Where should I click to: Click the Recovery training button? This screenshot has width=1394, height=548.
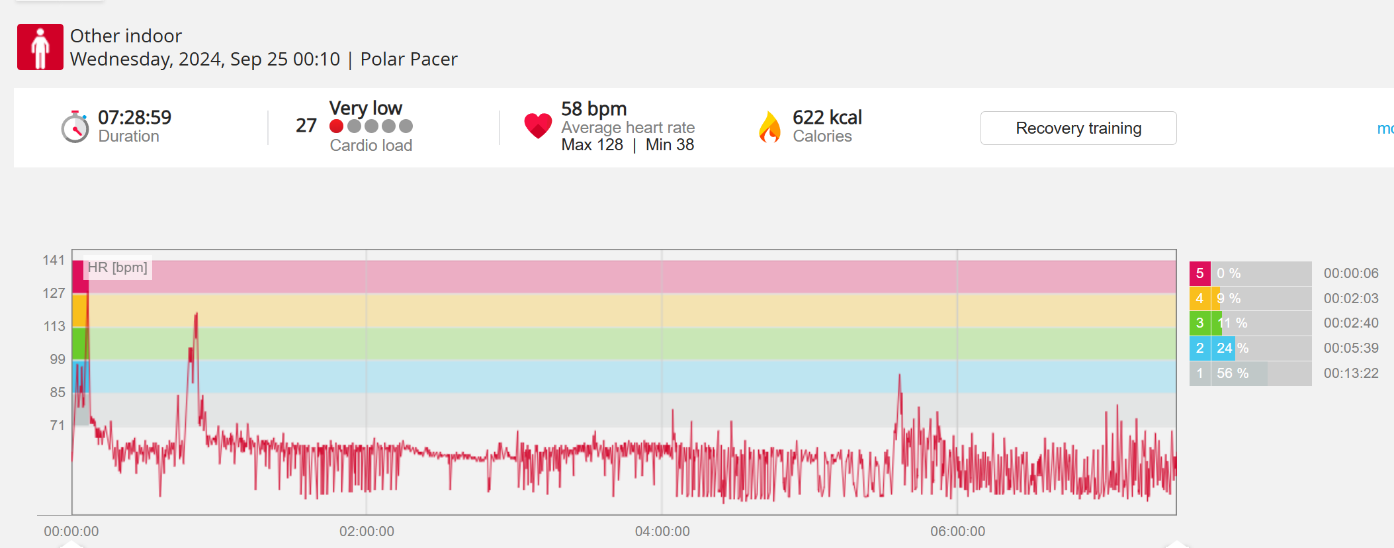(1078, 128)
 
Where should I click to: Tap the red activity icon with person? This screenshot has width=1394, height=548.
(40, 47)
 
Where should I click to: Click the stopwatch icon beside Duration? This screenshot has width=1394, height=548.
(75, 127)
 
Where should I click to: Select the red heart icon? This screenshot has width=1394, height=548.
(537, 125)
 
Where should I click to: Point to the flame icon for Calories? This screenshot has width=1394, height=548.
(769, 127)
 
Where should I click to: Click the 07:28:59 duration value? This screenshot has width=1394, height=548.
(134, 117)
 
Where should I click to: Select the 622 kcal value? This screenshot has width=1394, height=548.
(827, 117)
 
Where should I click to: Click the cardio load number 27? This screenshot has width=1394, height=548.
(306, 125)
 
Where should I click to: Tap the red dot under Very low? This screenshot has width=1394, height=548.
(337, 126)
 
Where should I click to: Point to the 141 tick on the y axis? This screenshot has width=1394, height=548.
(54, 260)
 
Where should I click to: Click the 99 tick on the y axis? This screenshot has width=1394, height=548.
(58, 359)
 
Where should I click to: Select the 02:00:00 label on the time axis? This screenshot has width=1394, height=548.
(367, 531)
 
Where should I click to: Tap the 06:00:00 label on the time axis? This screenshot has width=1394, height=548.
(957, 531)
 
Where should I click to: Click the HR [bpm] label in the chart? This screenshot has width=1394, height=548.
(118, 267)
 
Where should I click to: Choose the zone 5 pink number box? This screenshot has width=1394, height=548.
(1199, 273)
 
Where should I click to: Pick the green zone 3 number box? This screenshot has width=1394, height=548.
(1199, 323)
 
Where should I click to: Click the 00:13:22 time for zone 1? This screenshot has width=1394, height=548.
(1351, 373)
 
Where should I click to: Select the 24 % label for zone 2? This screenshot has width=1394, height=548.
(1232, 348)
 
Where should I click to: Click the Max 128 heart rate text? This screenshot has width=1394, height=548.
(592, 144)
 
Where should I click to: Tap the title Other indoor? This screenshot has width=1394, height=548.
(126, 36)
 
